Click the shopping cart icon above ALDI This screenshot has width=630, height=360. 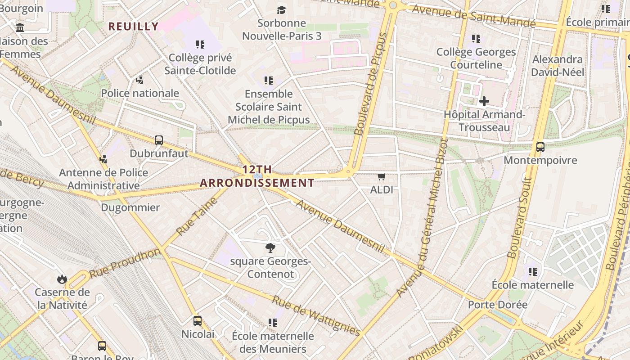point(382,177)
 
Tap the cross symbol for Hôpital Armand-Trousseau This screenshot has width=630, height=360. point(484,101)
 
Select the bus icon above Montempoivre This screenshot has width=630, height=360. point(540,147)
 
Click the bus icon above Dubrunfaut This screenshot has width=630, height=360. point(159,140)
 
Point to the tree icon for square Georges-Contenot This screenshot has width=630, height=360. point(270,247)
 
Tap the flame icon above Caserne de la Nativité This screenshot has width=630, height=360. point(62,279)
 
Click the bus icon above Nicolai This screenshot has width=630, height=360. point(198,321)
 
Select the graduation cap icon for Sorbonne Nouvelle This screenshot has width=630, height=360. point(281,10)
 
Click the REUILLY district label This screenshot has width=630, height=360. point(134,26)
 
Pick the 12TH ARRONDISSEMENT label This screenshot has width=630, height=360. point(257,176)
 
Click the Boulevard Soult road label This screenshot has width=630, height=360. point(520,217)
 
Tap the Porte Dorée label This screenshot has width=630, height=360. point(497,305)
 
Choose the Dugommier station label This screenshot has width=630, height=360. point(130,207)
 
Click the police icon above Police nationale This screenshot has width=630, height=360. point(140,80)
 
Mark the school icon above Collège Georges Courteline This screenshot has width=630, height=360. point(476,39)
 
